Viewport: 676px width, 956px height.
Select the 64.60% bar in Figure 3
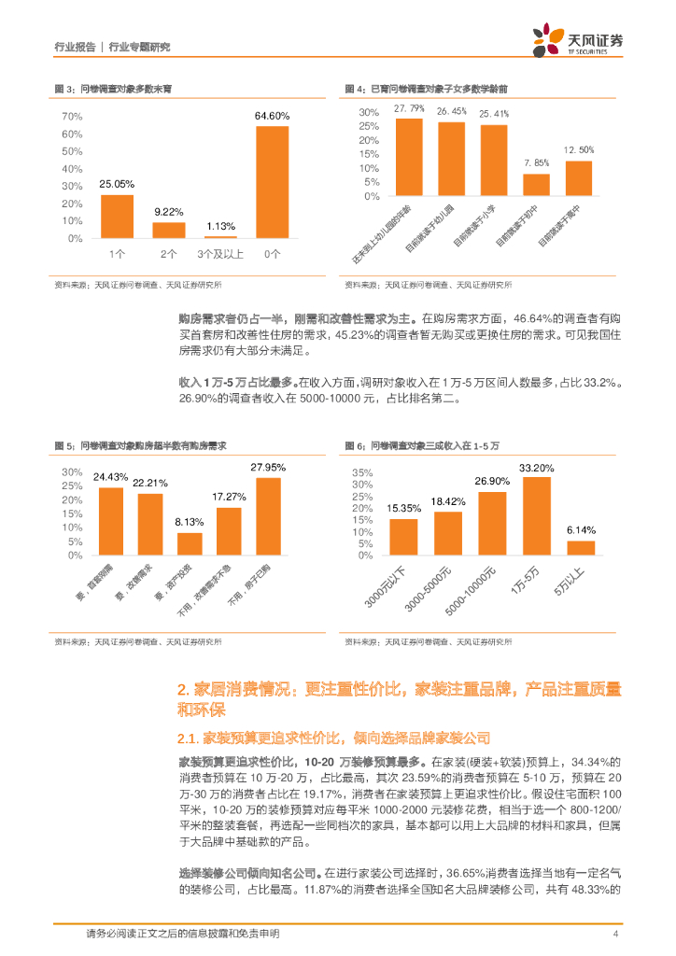273,182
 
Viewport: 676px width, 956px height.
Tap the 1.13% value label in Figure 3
221,227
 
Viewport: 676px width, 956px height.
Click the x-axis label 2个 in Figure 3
169,254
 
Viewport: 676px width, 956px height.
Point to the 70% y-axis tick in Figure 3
73,117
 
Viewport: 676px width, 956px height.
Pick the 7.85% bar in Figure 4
536,185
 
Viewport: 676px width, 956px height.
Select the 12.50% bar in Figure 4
579,178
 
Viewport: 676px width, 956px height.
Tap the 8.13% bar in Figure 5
190,543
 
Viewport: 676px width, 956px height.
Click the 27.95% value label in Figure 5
268,467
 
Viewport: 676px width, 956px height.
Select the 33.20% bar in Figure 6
537,516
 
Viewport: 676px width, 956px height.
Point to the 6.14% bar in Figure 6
581,548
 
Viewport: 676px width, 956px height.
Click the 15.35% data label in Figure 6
403,508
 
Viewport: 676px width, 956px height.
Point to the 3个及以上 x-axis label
220,254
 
